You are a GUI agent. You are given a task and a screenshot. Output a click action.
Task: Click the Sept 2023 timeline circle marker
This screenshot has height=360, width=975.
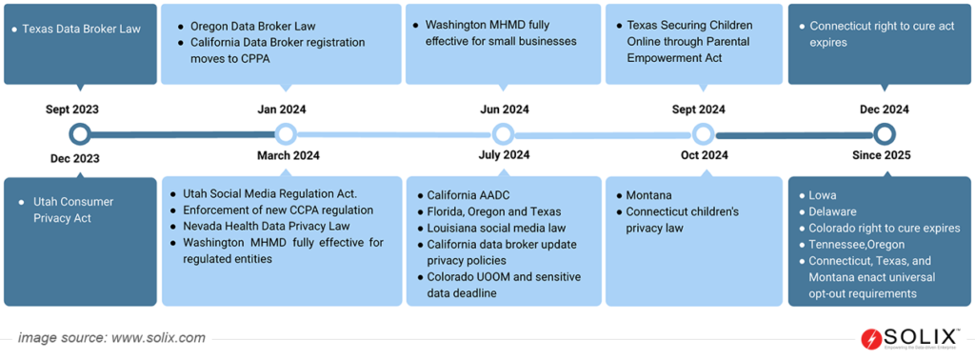pos(80,133)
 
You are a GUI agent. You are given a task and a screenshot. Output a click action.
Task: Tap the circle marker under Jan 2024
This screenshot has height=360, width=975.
pos(285,133)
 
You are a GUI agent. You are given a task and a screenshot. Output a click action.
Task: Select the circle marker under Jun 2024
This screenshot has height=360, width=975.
pos(503,133)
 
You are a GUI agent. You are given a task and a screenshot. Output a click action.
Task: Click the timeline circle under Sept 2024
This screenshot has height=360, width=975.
pos(703,133)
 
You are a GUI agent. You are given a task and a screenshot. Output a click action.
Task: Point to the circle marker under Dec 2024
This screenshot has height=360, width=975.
pos(885,133)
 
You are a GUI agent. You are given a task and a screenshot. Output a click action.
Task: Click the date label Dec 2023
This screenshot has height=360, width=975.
pos(72,159)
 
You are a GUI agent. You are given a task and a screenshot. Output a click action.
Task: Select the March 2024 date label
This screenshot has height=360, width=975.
pos(288,155)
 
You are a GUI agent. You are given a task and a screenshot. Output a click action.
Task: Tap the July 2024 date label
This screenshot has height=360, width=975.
pos(504,155)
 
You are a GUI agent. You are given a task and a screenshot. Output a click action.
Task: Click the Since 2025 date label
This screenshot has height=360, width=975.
pos(884,155)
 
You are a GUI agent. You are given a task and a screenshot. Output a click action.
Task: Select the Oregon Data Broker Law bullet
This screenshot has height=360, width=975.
pos(252,26)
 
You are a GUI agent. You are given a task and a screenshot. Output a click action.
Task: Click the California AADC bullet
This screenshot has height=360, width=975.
pos(467,194)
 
